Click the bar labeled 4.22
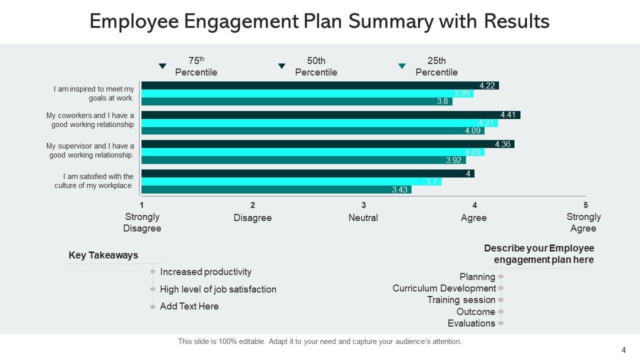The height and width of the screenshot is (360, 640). (320, 85)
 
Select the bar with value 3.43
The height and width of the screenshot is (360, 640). (276, 190)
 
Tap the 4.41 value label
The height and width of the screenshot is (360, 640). (508, 115)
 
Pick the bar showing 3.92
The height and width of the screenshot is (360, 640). (303, 160)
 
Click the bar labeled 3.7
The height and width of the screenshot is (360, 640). (291, 182)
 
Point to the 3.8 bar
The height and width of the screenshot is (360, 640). (296, 101)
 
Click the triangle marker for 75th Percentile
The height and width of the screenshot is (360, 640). (162, 66)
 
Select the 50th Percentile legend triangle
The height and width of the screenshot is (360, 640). (281, 66)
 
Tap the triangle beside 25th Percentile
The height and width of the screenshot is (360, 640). (401, 66)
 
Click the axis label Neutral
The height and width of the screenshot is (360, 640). (363, 218)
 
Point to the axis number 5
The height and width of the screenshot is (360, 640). (585, 205)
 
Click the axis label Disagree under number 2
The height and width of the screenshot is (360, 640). (252, 218)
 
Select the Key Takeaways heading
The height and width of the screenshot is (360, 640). (103, 255)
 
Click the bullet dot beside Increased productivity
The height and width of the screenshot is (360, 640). (153, 272)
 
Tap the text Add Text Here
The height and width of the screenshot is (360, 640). (189, 306)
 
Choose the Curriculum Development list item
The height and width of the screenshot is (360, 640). (444, 288)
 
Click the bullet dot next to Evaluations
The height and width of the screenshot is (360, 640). (501, 323)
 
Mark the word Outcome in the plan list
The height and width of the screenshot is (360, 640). (475, 311)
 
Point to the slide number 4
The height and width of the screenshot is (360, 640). (623, 350)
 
